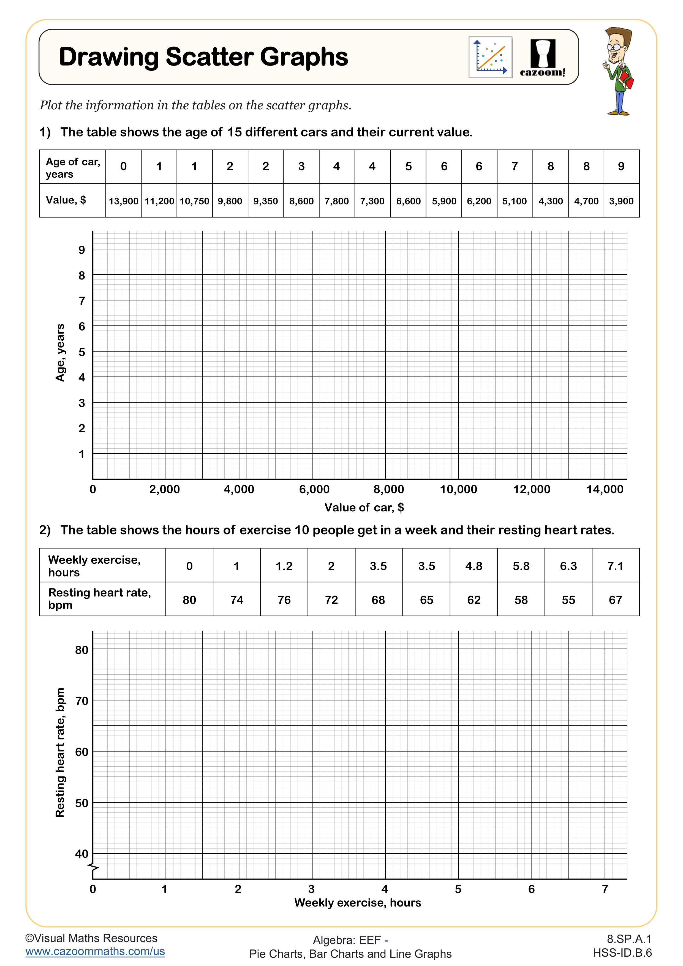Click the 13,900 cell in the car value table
point(123,201)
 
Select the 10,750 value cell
point(194,201)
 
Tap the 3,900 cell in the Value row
point(621,201)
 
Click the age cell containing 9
point(621,167)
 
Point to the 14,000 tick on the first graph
point(605,489)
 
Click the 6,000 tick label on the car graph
point(314,489)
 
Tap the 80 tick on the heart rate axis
point(81,650)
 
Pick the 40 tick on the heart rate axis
point(81,854)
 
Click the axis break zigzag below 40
point(93,867)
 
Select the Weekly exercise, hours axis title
point(358,903)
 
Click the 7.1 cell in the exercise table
point(615,566)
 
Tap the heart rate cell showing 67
point(615,600)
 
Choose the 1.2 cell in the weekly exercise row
point(284,566)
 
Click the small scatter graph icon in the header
point(490,57)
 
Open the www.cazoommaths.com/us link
point(95,951)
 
